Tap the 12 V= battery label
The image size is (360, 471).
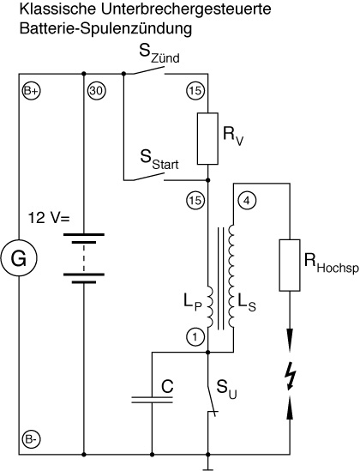tap(49, 218)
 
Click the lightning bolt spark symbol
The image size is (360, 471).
tap(291, 376)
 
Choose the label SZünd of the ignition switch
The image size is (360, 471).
tap(159, 54)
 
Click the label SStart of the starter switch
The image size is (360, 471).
tap(159, 160)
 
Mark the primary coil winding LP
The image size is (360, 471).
tap(210, 306)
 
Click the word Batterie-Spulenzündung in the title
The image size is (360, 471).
tap(105, 28)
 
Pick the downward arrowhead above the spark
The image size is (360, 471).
tap(290, 335)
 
